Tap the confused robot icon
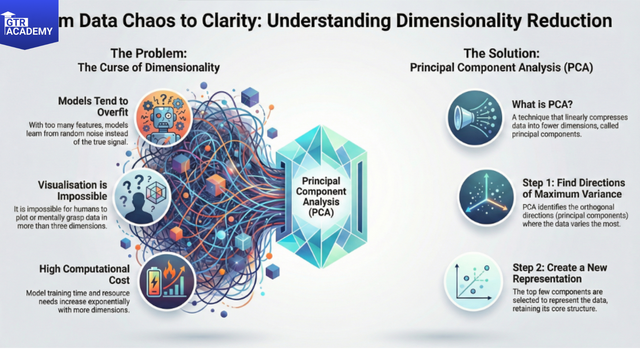point(163,118)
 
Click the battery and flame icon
point(167,281)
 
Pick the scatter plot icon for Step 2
point(473,281)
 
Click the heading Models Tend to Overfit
point(93,106)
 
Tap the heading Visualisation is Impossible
point(72,190)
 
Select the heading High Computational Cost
point(84,274)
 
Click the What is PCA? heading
point(542,104)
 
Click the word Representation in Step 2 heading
point(547,279)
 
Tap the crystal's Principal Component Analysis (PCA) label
point(321,197)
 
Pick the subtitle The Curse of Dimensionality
point(149,67)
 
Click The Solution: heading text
point(501,53)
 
